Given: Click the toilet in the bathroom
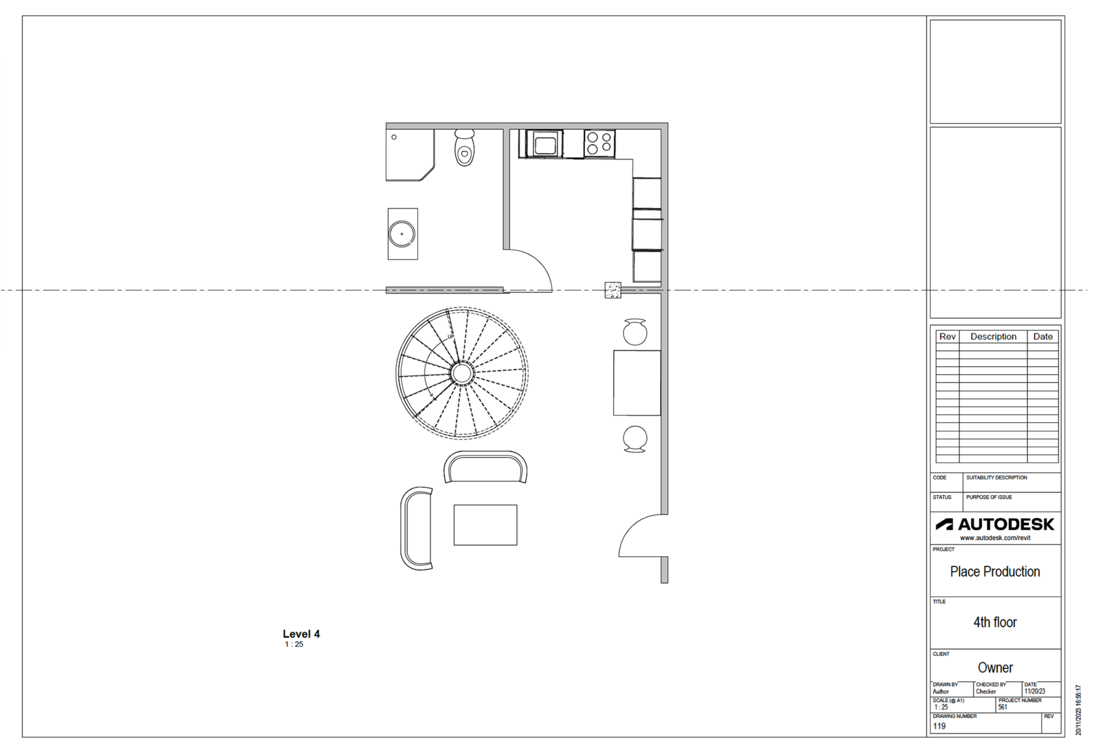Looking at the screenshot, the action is [x=464, y=147].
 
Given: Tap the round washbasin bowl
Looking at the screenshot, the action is [x=401, y=234].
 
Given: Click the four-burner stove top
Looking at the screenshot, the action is [x=599, y=143].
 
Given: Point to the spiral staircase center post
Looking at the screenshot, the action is [x=461, y=373].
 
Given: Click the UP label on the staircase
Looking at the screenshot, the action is [x=450, y=337].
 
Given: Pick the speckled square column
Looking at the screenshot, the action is [x=613, y=290].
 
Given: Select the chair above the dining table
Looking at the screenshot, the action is [x=635, y=331].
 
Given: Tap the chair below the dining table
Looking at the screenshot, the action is [x=635, y=439].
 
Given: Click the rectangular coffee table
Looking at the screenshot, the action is [x=485, y=524].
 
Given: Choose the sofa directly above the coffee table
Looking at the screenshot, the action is [x=485, y=467].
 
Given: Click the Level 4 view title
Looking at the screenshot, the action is [x=301, y=634].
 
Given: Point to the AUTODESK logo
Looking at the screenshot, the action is [x=995, y=524].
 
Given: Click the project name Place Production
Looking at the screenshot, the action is [x=995, y=571].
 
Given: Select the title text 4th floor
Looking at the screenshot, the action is [x=995, y=622].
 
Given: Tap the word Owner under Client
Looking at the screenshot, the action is [x=995, y=667].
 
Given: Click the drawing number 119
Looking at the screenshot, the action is [x=939, y=726].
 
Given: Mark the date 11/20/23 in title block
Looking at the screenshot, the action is [x=1035, y=691].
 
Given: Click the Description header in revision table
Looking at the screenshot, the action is [x=993, y=337].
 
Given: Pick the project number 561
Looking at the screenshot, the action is [x=1003, y=707].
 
